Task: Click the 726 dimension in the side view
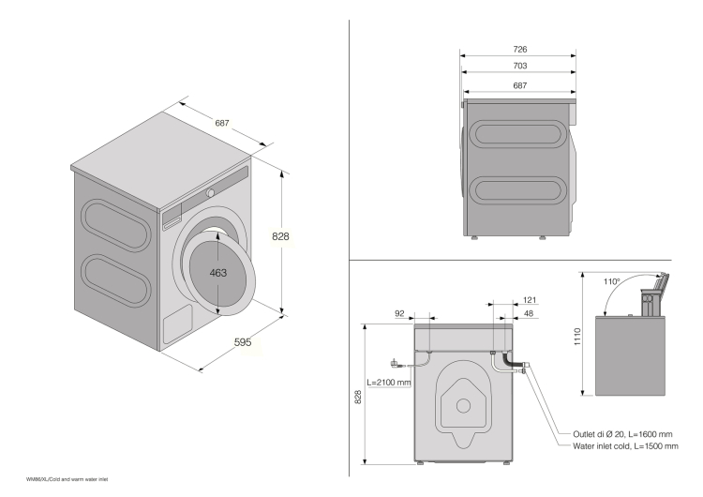pyautogui.click(x=518, y=48)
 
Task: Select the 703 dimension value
pyautogui.click(x=518, y=67)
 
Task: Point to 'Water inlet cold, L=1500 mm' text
pyautogui.click(x=625, y=445)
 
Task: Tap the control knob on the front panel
pyautogui.click(x=211, y=192)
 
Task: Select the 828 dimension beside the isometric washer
pyautogui.click(x=280, y=236)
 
